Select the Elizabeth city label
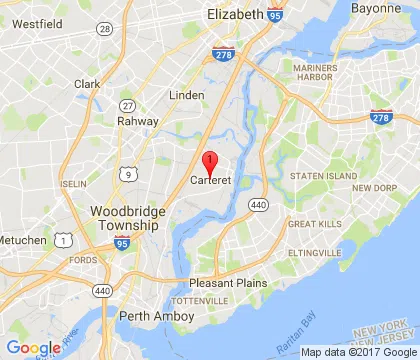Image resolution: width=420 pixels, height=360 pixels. click(x=236, y=15)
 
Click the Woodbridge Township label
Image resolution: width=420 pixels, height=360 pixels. click(x=123, y=218)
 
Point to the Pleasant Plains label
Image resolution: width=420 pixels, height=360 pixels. click(x=229, y=283)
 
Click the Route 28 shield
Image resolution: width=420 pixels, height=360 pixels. click(x=104, y=29)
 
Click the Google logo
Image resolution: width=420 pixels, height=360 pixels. click(x=32, y=348)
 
